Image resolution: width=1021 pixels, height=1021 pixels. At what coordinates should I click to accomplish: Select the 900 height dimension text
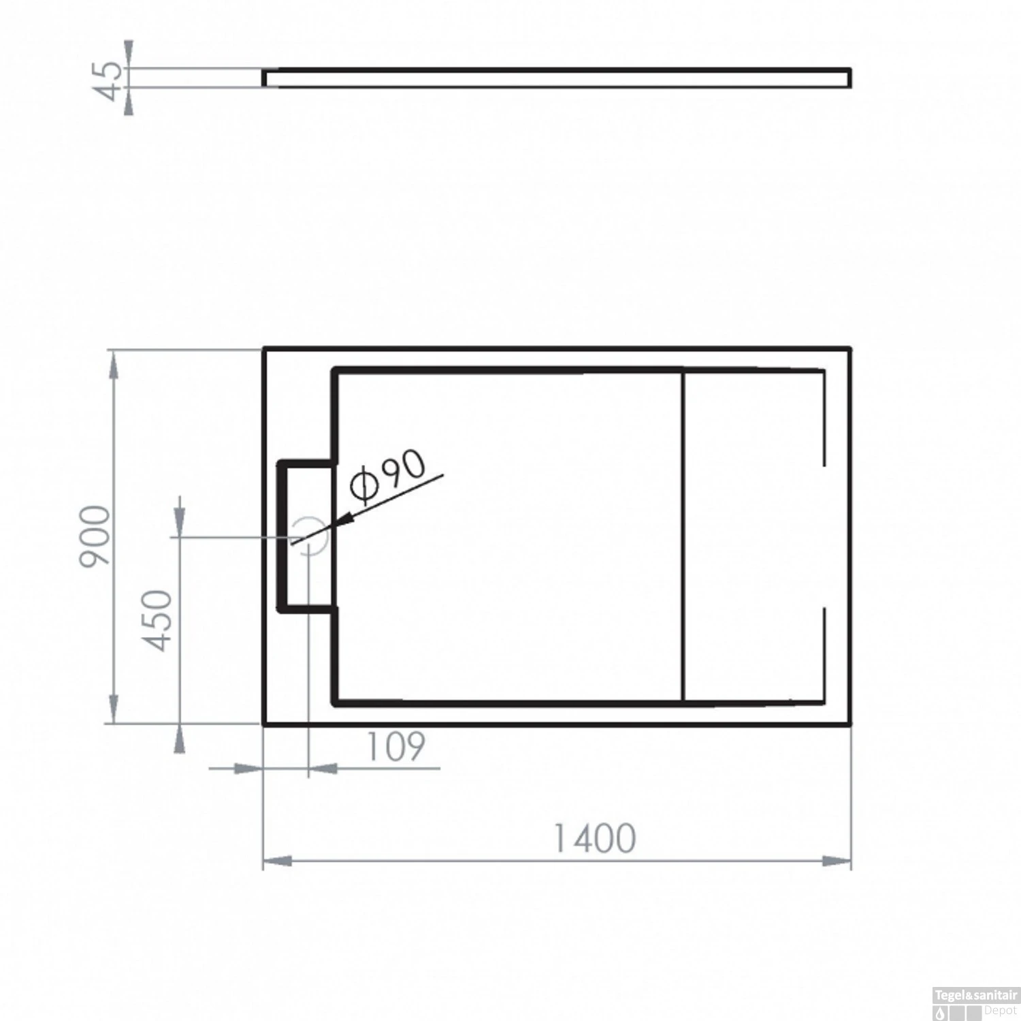[95, 536]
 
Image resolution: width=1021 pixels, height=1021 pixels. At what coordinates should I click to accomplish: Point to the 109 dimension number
[395, 747]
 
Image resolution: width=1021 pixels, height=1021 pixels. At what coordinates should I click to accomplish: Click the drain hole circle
[310, 536]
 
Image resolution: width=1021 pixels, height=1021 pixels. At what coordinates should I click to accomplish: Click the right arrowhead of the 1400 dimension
[837, 861]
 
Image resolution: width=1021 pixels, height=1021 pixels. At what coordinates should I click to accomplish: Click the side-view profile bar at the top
[557, 78]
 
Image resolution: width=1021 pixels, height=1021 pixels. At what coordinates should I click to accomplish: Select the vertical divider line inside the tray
[683, 536]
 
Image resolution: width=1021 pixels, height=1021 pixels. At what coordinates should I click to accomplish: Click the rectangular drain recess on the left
[306, 536]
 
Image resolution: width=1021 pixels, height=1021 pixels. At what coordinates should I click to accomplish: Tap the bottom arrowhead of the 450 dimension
[179, 739]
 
